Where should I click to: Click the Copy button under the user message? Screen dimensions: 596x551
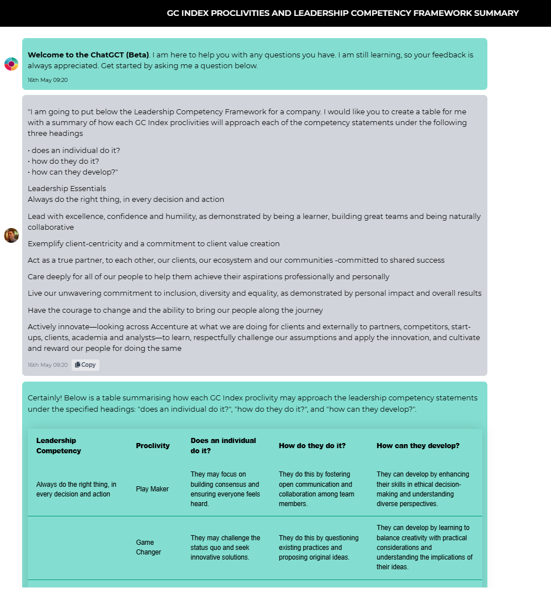tap(86, 365)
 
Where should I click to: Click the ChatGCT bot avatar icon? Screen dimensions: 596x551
tap(11, 64)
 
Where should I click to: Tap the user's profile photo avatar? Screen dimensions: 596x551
tap(11, 235)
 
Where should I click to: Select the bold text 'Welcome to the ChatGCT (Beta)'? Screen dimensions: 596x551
tap(89, 55)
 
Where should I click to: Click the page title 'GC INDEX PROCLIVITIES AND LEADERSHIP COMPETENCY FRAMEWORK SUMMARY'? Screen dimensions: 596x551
tap(343, 13)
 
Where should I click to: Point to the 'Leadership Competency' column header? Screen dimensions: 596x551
tap(59, 446)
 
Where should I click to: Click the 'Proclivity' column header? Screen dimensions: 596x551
tap(153, 446)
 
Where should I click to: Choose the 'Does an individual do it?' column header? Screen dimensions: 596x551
tap(223, 446)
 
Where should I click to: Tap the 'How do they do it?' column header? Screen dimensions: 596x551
tap(312, 446)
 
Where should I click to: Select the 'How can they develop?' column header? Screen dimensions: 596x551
tap(418, 446)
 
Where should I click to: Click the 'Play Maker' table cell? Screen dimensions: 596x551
tap(152, 489)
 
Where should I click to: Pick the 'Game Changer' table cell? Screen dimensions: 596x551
tap(149, 547)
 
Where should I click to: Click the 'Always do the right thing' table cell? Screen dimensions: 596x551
tap(77, 489)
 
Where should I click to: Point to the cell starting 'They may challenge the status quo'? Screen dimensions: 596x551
tap(226, 547)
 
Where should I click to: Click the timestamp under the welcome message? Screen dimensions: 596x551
tap(48, 80)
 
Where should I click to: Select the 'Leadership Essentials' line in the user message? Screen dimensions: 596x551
tap(67, 189)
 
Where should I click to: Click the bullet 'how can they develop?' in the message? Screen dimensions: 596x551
tap(73, 172)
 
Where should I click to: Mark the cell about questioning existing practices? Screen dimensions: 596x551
tap(319, 547)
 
